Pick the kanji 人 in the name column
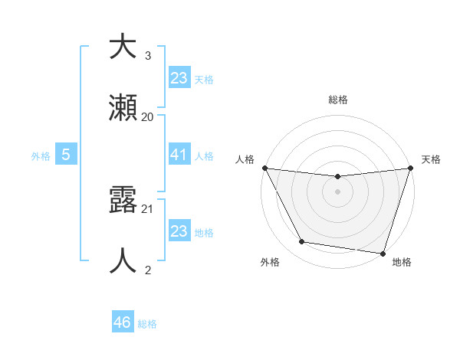click(x=123, y=260)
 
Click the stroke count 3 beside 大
click(x=148, y=55)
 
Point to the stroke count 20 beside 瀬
click(x=148, y=116)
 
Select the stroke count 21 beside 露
click(x=148, y=208)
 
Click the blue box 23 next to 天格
click(x=179, y=77)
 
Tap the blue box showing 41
click(x=179, y=154)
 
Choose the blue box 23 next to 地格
click(x=179, y=231)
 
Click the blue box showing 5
click(x=66, y=154)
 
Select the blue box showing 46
click(x=123, y=322)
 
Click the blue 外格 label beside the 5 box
click(x=41, y=155)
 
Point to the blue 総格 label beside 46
click(x=147, y=324)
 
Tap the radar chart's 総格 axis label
click(x=337, y=100)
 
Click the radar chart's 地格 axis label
click(x=402, y=262)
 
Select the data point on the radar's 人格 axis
click(x=264, y=168)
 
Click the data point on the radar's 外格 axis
click(x=302, y=242)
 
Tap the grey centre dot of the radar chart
click(x=337, y=191)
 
